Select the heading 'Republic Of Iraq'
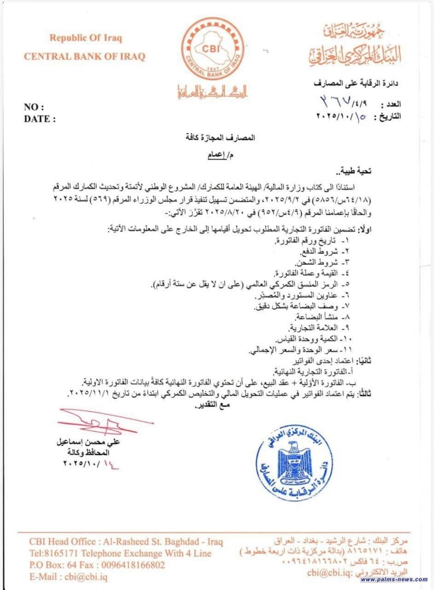point(86,38)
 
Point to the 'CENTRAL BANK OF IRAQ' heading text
point(84,57)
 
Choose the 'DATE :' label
point(40,118)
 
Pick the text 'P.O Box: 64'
point(51,564)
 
